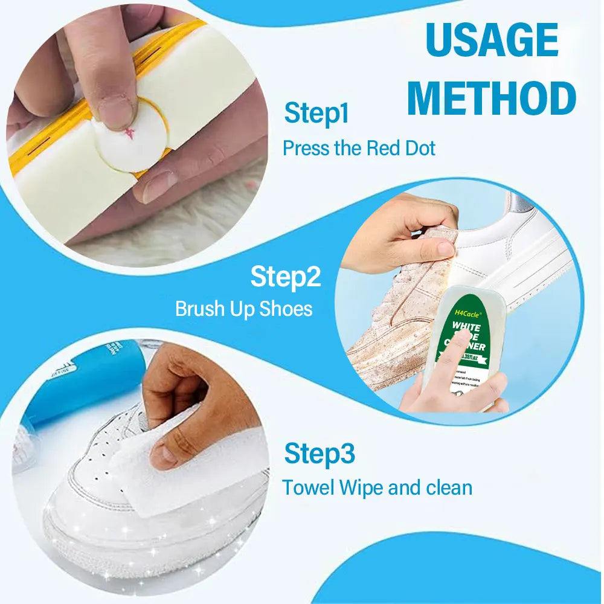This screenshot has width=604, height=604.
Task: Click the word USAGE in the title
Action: [492, 40]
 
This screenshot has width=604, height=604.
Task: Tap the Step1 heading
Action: [316, 114]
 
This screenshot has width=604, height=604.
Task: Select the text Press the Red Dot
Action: [359, 148]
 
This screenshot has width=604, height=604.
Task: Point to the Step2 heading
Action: [286, 277]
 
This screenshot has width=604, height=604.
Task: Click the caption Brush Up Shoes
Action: [243, 309]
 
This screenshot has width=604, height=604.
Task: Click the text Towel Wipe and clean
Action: [377, 487]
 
